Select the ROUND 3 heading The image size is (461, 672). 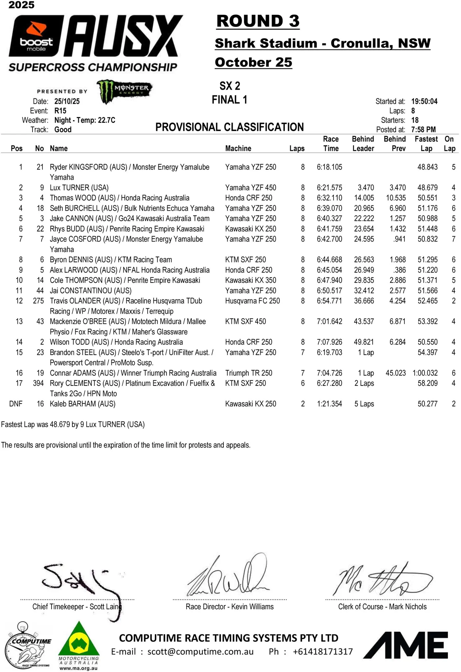tap(258, 21)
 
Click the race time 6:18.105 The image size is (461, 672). tap(329, 167)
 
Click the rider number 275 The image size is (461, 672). tap(38, 301)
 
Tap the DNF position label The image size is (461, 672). tap(16, 404)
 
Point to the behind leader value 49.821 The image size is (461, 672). tap(364, 342)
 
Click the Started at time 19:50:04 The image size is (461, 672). tap(424, 101)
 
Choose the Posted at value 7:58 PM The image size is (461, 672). tap(423, 130)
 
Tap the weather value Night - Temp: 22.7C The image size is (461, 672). tap(85, 120)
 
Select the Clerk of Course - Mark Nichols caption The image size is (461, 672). tap(382, 607)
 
